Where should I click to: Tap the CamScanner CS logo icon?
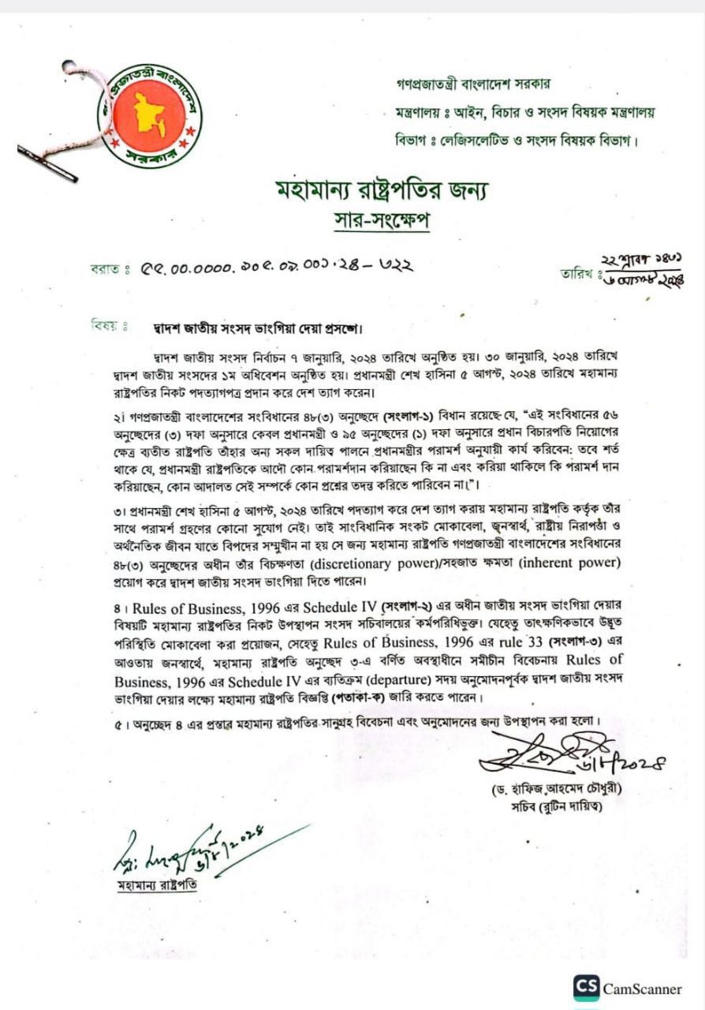tap(586, 988)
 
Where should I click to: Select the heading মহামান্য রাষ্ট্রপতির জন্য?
tap(382, 190)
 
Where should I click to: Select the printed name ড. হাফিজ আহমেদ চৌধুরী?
tap(550, 789)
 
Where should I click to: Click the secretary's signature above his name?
tap(544, 754)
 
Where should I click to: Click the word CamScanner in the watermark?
tap(642, 988)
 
